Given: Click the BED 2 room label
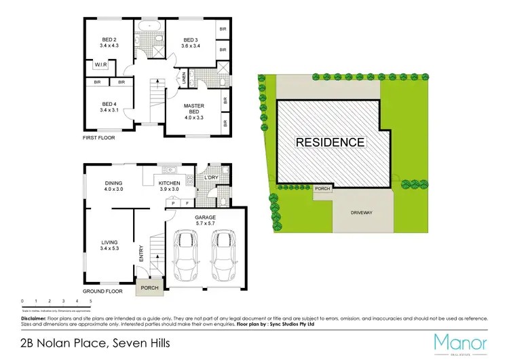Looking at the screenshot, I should pyautogui.click(x=109, y=39).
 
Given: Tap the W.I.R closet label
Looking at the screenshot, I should pyautogui.click(x=102, y=65).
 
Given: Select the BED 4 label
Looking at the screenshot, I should pyautogui.click(x=109, y=102).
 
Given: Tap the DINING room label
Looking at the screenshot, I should pyautogui.click(x=113, y=182).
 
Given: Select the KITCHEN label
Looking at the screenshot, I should pyautogui.click(x=169, y=182).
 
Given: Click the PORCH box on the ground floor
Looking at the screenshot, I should pyautogui.click(x=149, y=287).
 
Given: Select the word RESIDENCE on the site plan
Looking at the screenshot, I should pyautogui.click(x=331, y=143).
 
